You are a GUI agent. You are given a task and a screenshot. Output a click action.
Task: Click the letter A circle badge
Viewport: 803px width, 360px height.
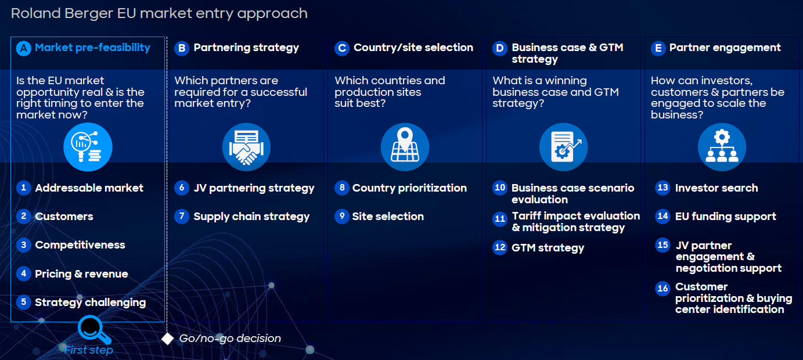[x=24, y=48]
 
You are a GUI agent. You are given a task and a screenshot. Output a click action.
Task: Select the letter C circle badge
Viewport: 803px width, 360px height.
[x=342, y=48]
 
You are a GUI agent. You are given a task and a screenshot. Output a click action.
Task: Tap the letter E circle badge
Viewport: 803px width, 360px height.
[x=658, y=48]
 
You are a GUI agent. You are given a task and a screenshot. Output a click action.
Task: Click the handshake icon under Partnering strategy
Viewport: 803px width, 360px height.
[x=246, y=147]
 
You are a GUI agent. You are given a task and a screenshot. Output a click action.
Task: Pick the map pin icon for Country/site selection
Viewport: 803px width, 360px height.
[x=405, y=147]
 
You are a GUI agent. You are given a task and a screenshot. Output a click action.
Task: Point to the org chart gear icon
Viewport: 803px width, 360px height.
[x=722, y=147]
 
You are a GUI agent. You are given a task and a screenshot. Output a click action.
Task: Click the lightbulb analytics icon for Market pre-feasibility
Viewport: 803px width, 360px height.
[x=88, y=147]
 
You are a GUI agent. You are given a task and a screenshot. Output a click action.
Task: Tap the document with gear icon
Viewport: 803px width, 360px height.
[x=564, y=147]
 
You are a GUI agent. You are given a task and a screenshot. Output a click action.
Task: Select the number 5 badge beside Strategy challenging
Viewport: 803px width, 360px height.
[x=24, y=302]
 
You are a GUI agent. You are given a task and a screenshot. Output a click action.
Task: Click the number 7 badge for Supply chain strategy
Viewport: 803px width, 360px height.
[x=182, y=216]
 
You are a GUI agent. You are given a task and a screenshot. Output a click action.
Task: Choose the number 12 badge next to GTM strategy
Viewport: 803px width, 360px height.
[x=500, y=247]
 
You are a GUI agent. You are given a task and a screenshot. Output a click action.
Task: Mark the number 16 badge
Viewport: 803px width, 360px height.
[x=663, y=288]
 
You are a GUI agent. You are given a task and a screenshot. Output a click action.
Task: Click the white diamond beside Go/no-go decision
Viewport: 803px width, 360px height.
[x=167, y=339]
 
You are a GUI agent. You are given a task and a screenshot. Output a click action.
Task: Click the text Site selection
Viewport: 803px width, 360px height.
[x=388, y=216]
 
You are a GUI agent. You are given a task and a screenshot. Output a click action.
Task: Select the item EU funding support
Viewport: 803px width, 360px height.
[x=726, y=217]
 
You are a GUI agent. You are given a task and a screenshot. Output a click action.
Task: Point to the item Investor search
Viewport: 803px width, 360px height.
[x=716, y=188]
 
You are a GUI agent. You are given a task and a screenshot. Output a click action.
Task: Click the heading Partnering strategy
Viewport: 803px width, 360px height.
[x=246, y=48]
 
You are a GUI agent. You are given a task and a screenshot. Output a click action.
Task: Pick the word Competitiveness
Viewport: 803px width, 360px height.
[x=80, y=245]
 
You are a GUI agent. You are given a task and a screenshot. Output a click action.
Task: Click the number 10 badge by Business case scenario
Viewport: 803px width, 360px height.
[x=500, y=188]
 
